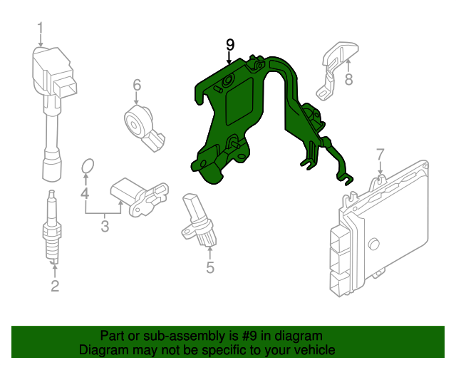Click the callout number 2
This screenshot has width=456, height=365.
pyautogui.click(x=55, y=287)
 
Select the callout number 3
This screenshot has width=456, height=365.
pyautogui.click(x=104, y=227)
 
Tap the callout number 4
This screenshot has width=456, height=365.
pyautogui.click(x=84, y=193)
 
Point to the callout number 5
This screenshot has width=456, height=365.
pyautogui.click(x=210, y=268)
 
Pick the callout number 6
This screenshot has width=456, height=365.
pyautogui.click(x=137, y=86)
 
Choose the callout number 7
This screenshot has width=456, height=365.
pyautogui.click(x=380, y=153)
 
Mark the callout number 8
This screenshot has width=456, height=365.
pyautogui.click(x=348, y=80)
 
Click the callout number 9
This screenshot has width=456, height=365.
pyautogui.click(x=229, y=45)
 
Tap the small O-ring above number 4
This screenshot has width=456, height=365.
pyautogui.click(x=87, y=167)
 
